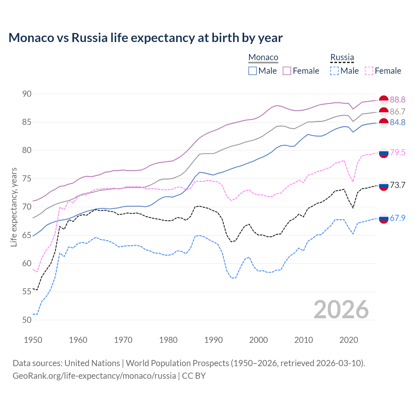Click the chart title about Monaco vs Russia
[x=146, y=38]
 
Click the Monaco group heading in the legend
[x=263, y=57]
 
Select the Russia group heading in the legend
[x=342, y=57]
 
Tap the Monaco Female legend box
[x=287, y=71]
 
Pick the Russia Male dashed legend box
[x=334, y=71]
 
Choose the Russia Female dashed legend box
[x=369, y=71]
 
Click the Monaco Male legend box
[x=253, y=71]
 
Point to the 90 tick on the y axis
[x=27, y=94]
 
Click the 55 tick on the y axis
[x=27, y=292]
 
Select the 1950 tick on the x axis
[x=33, y=340]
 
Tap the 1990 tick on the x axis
[x=213, y=340]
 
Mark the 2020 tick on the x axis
[x=349, y=340]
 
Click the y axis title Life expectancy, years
[x=14, y=207]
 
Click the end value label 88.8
[x=398, y=100]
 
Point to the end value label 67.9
[x=398, y=218]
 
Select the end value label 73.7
[x=398, y=185]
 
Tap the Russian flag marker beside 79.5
[x=384, y=153]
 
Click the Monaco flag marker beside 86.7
[x=384, y=112]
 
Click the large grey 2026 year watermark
[x=341, y=310]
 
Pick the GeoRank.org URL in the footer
[x=94, y=376]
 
